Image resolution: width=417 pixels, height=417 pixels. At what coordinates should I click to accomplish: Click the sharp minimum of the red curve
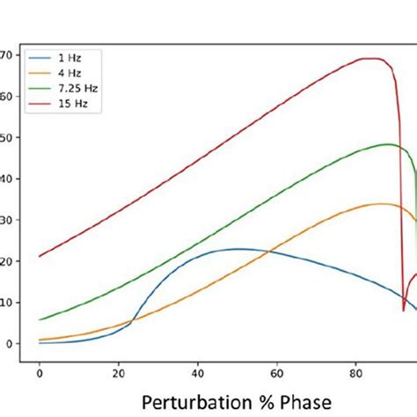[x=404, y=310]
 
